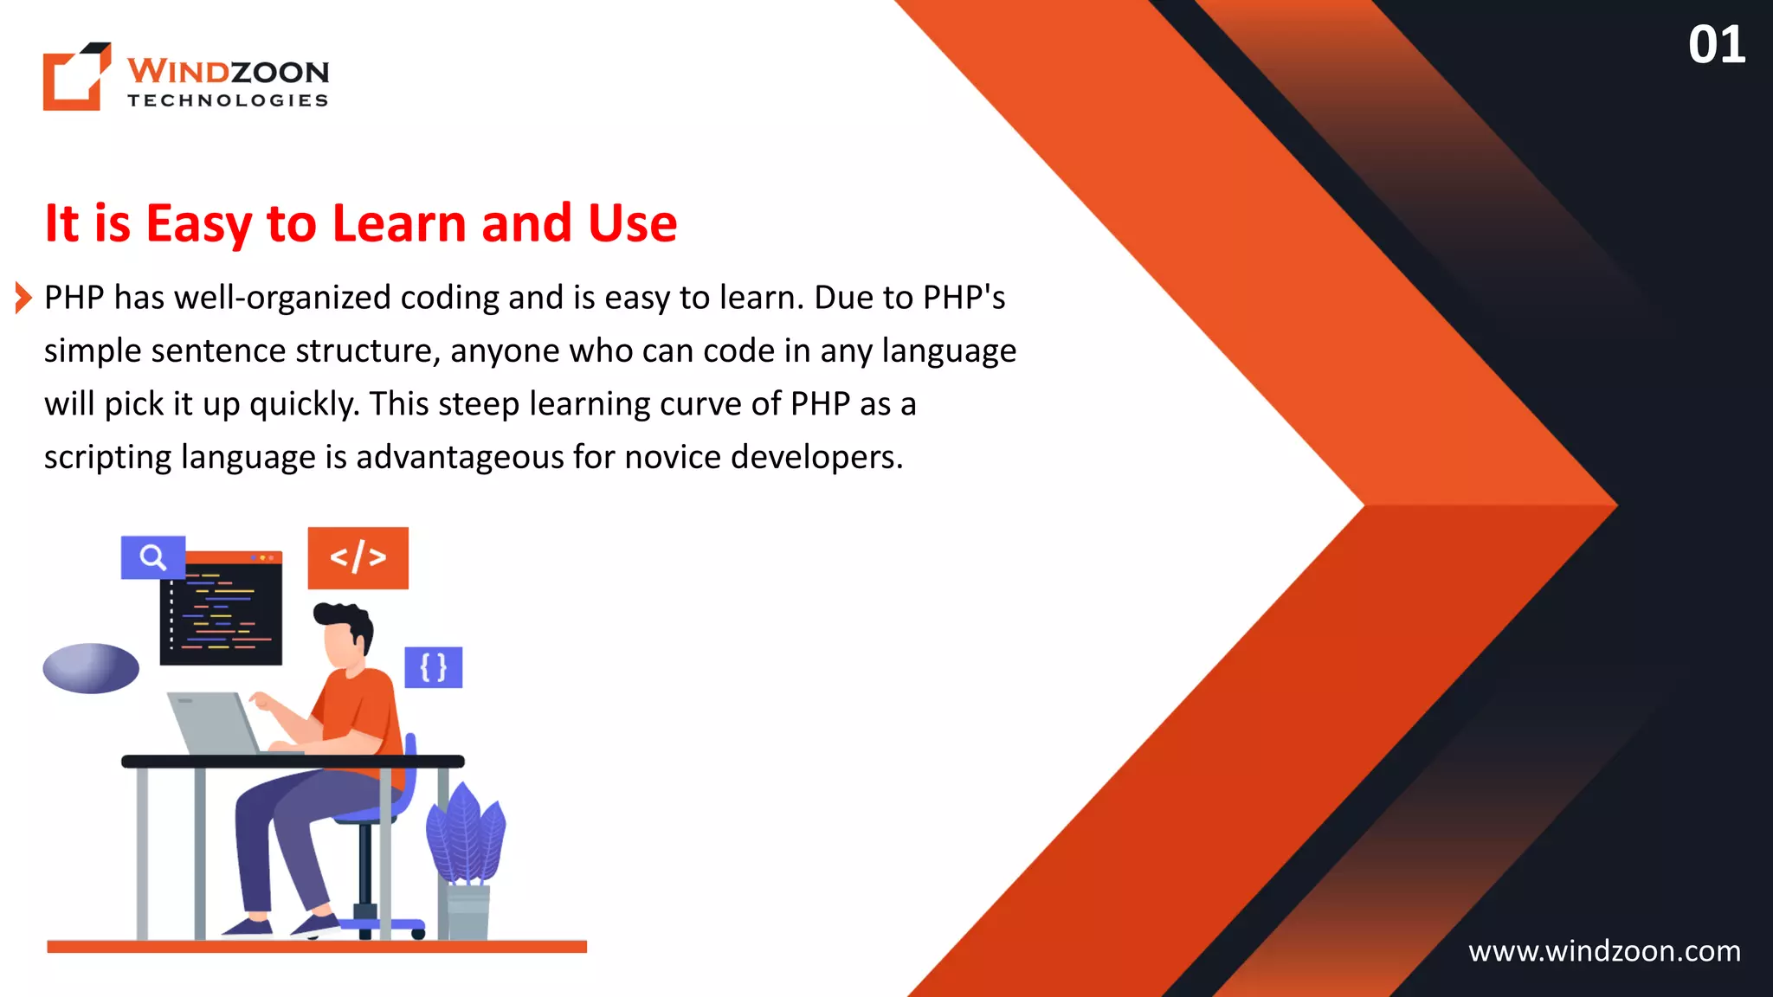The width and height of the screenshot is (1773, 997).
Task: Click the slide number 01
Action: [x=1716, y=45]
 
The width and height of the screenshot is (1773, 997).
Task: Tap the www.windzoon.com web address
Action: [x=1604, y=951]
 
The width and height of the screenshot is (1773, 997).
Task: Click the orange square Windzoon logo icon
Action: [x=76, y=77]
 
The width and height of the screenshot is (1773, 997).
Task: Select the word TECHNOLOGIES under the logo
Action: [x=228, y=100]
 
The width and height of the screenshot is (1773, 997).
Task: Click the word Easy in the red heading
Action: [x=199, y=223]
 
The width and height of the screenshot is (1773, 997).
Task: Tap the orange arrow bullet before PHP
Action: [x=23, y=298]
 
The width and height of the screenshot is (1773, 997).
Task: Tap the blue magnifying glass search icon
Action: [x=152, y=557]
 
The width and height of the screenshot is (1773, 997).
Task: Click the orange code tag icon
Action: [x=358, y=557]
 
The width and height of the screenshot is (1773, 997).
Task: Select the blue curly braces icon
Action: [x=433, y=667]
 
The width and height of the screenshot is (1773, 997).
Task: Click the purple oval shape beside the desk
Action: [x=91, y=668]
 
